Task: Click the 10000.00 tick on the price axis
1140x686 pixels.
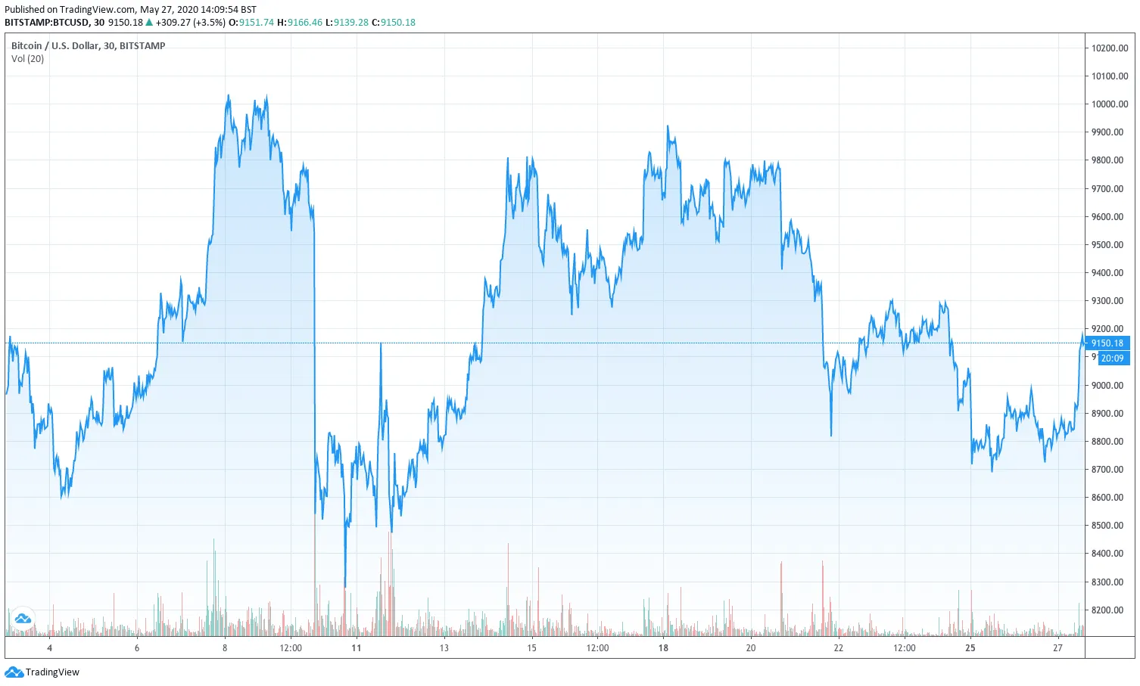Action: tap(1109, 104)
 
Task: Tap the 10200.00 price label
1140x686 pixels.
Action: tap(1109, 48)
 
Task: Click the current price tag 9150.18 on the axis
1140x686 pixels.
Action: tap(1107, 343)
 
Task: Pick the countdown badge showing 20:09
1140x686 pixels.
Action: tap(1112, 359)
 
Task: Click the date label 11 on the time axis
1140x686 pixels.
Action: tap(357, 648)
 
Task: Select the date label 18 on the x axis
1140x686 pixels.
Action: tap(663, 648)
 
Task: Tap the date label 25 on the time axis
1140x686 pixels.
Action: tap(970, 648)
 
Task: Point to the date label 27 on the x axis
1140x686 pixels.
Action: tap(1057, 648)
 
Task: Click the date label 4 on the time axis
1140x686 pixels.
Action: tap(50, 648)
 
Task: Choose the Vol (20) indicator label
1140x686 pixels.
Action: tap(28, 59)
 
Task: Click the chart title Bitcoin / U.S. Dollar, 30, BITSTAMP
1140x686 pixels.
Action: tap(88, 46)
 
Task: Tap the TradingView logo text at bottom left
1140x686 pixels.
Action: tap(52, 672)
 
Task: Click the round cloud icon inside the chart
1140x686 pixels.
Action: tap(23, 618)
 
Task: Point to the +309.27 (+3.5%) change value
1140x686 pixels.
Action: tap(190, 23)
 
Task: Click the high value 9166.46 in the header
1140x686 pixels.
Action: tap(304, 23)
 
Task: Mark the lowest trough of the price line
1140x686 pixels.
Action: tap(345, 586)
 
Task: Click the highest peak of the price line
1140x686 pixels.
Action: tap(229, 96)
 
